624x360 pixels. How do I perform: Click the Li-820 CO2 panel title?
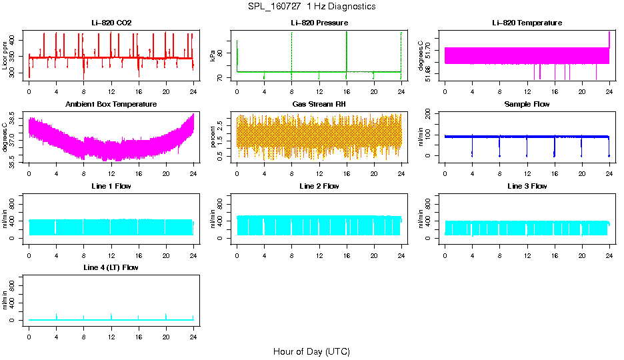point(111,23)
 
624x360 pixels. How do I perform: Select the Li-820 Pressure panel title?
point(319,23)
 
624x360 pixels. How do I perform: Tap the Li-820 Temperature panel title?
point(527,23)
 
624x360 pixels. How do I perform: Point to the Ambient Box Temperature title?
point(111,104)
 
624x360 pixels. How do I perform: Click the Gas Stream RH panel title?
point(319,104)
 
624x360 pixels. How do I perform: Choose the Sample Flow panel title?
point(527,104)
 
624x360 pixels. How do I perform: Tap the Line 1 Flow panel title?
point(111,186)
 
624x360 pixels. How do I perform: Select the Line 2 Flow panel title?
point(319,186)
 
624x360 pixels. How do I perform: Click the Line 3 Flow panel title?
point(527,186)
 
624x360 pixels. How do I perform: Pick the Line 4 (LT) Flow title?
point(111,267)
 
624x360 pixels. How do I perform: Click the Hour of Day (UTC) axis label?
point(311,351)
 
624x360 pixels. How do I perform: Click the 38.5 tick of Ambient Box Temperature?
point(15,119)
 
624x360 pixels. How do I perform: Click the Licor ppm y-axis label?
point(5,56)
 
